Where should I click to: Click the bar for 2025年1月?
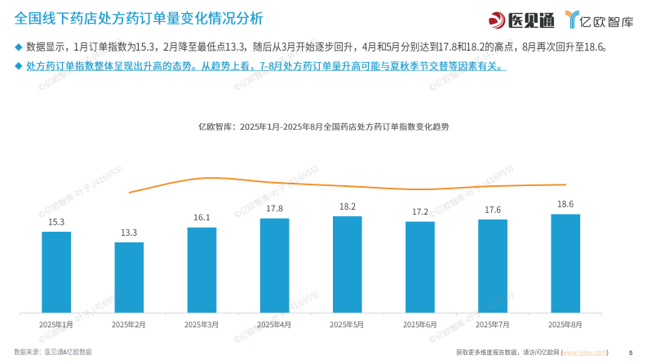[x=56, y=272]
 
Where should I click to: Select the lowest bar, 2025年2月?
[x=129, y=277]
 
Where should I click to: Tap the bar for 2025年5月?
[x=347, y=264]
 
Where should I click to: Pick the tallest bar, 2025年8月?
[x=565, y=263]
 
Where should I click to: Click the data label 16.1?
[x=202, y=218]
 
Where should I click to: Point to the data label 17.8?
[x=274, y=209]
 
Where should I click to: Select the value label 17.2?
[x=420, y=212]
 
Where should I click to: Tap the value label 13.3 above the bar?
[x=129, y=233]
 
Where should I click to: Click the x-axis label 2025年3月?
[x=202, y=325]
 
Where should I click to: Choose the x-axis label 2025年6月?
[x=420, y=325]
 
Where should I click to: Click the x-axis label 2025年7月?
[x=493, y=325]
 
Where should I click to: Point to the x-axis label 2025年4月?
[x=274, y=325]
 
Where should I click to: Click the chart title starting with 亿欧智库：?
[x=323, y=127]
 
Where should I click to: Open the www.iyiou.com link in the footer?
[x=585, y=353]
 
